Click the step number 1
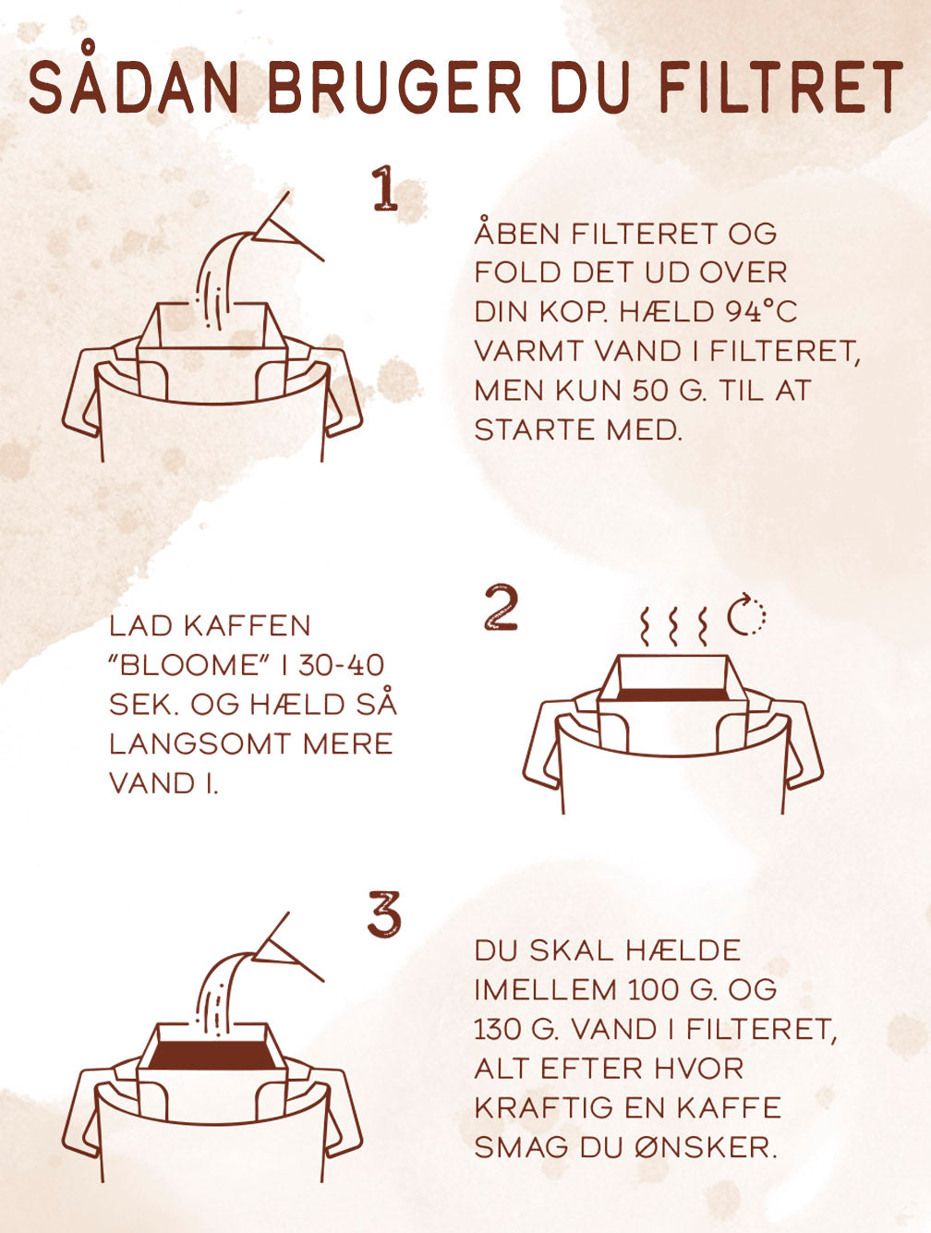coord(384,188)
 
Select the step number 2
coord(501,607)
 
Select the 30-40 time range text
coord(342,666)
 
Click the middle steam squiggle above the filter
coord(673,626)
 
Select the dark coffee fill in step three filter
coord(212,1056)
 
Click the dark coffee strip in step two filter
coord(672,695)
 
